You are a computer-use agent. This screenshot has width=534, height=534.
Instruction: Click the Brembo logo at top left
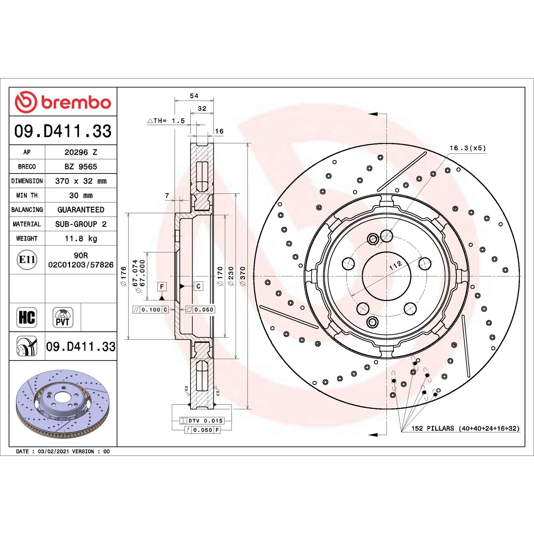pyautogui.click(x=63, y=102)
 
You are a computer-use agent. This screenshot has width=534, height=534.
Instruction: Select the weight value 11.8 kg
pyautogui.click(x=81, y=239)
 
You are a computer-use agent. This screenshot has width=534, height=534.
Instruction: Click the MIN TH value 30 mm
pyautogui.click(x=81, y=196)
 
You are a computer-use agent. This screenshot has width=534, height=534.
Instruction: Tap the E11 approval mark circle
pyautogui.click(x=27, y=260)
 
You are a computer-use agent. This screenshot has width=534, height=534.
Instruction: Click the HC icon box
pyautogui.click(x=27, y=317)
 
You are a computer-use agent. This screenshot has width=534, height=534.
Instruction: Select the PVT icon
pyautogui.click(x=63, y=317)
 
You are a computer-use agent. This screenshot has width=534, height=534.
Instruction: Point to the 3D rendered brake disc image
pyautogui.click(x=63, y=404)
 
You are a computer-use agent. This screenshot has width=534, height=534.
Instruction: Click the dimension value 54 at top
pyautogui.click(x=194, y=96)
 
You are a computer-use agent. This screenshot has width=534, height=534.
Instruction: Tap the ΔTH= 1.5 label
pyautogui.click(x=166, y=121)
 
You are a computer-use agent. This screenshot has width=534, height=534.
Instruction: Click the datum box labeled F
pyautogui.click(x=162, y=286)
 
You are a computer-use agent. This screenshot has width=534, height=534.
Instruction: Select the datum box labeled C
pyautogui.click(x=198, y=286)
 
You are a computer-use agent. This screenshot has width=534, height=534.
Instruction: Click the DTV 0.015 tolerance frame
pyautogui.click(x=202, y=421)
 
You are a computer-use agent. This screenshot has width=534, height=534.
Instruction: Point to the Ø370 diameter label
pyautogui.click(x=243, y=276)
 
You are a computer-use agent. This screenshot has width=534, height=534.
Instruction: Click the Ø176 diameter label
pyautogui.click(x=123, y=276)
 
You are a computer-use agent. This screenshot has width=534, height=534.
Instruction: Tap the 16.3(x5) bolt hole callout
pyautogui.click(x=467, y=148)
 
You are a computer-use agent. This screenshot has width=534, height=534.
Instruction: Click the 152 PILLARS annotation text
pyautogui.click(x=465, y=429)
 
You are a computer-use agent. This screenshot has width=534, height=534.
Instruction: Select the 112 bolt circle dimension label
pyautogui.click(x=395, y=266)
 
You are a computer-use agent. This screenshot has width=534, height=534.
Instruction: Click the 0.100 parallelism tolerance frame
pyautogui.click(x=151, y=310)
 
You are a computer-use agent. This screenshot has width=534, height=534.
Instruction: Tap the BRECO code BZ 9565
pyautogui.click(x=81, y=167)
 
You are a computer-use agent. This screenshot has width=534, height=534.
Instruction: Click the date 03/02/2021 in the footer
pyautogui.click(x=53, y=452)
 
